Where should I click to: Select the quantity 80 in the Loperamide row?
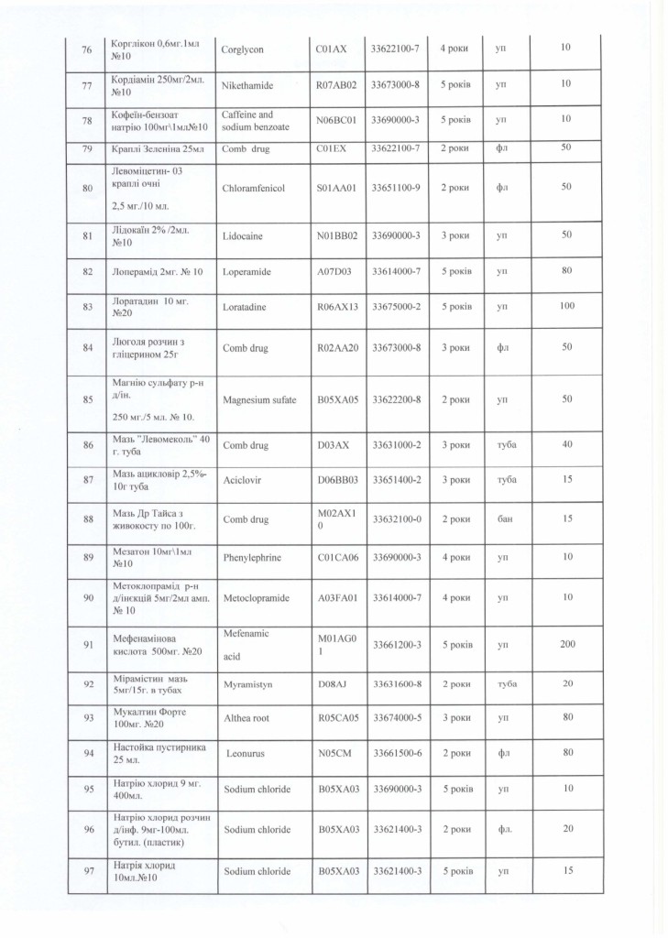[566, 272]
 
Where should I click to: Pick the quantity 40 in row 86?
[566, 445]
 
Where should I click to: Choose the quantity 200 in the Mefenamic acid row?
[566, 645]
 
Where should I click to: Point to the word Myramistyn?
[247, 684]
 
